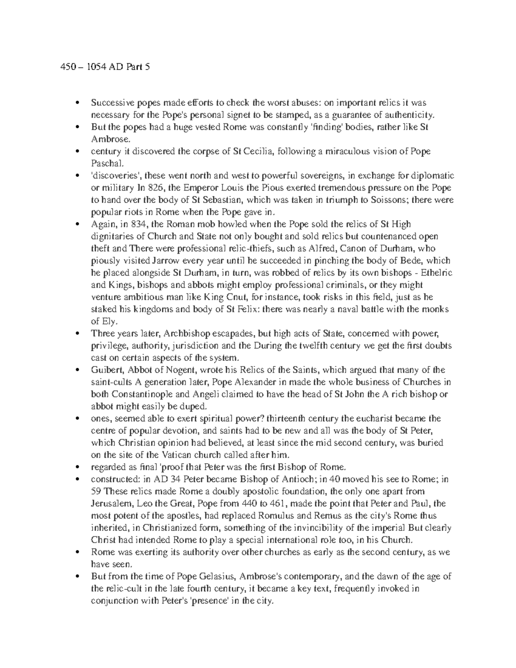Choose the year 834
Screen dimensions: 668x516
(x=133, y=225)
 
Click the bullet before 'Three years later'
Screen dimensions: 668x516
(x=77, y=334)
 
